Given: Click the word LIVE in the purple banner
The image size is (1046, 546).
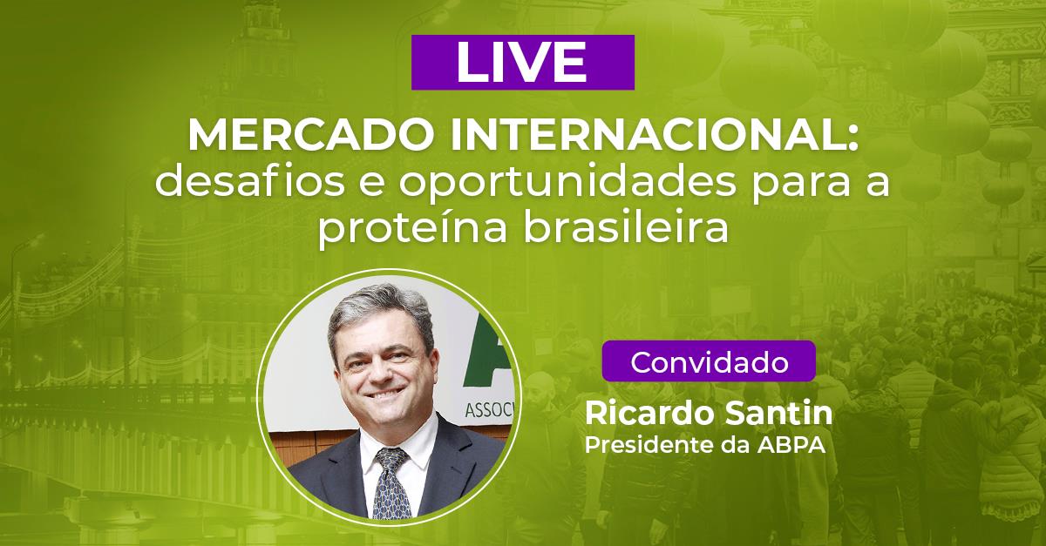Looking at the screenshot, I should tap(521, 62).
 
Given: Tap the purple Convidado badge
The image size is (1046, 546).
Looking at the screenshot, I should tap(708, 361).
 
